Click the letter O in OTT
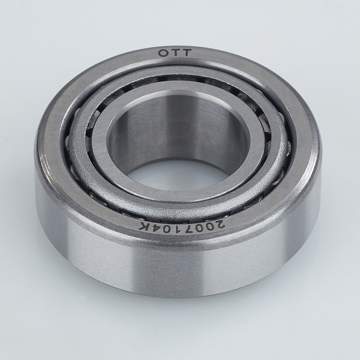(163, 53)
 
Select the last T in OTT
(186, 53)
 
